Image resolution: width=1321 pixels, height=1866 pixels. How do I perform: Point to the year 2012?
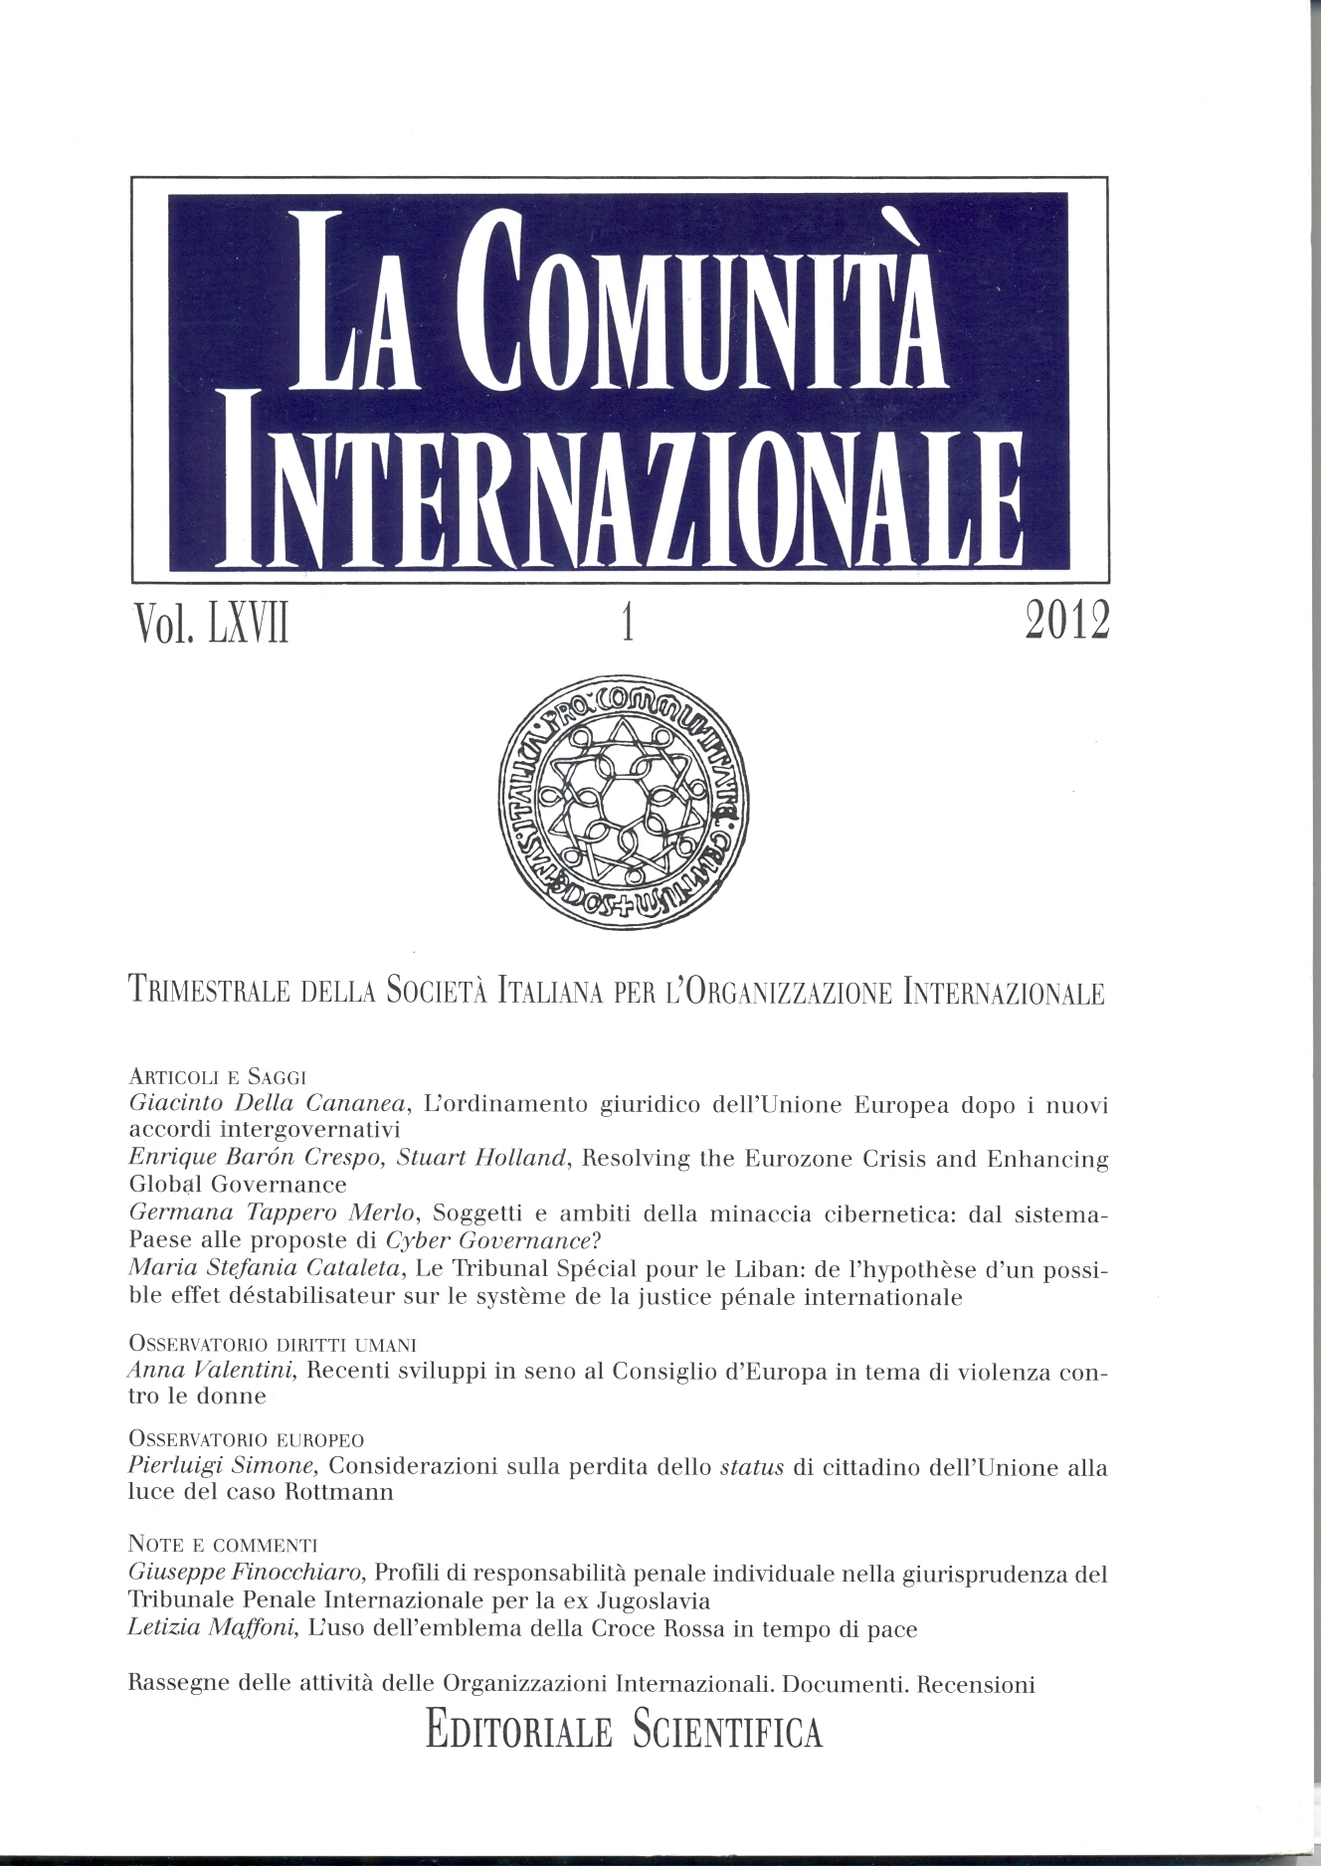click(1064, 622)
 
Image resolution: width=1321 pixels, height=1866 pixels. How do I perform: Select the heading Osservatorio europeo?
click(247, 1439)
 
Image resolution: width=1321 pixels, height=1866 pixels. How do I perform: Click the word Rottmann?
click(339, 1492)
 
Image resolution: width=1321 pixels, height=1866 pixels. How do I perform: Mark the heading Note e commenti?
click(223, 1545)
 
